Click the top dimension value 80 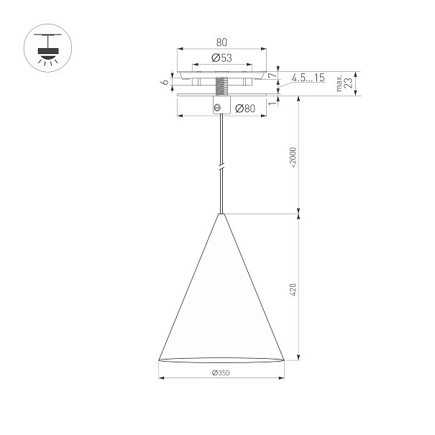(x=221, y=42)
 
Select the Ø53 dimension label (x=221, y=58)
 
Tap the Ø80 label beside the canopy (x=245, y=109)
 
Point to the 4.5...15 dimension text (x=308, y=78)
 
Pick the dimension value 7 (x=273, y=75)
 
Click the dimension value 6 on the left (x=165, y=82)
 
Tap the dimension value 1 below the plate (x=273, y=104)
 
